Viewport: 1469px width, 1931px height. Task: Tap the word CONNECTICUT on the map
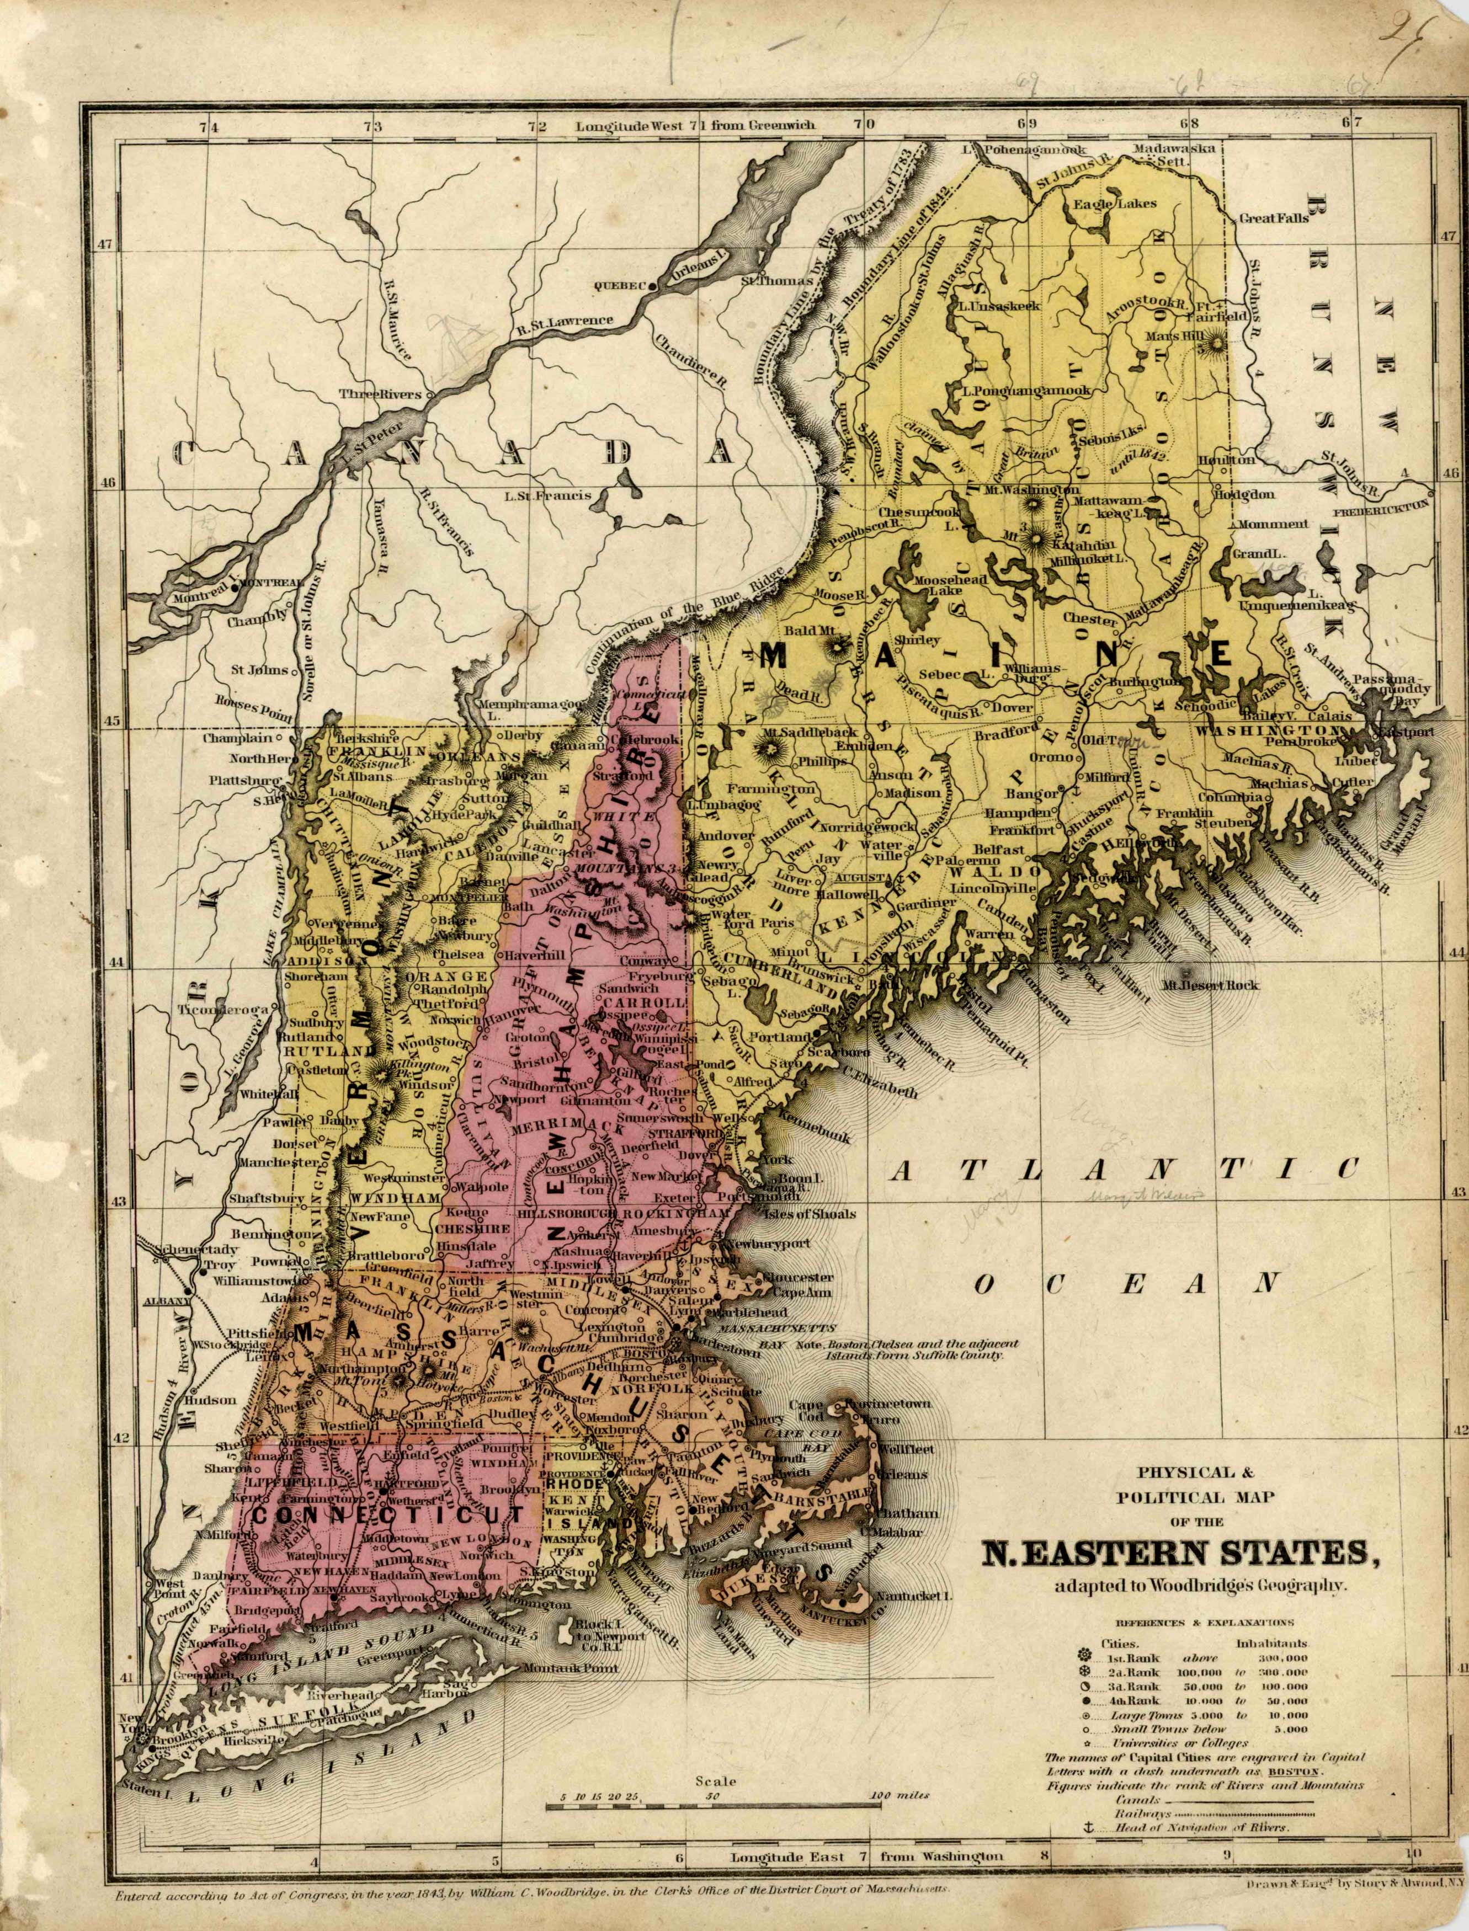(388, 1513)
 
